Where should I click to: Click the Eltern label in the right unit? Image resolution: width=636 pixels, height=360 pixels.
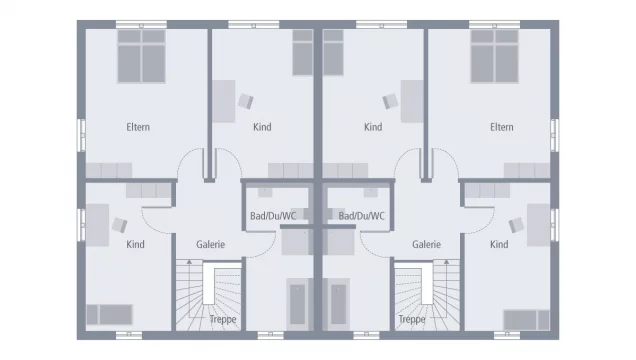501,127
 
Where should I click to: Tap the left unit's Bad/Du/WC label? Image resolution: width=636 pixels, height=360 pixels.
273,215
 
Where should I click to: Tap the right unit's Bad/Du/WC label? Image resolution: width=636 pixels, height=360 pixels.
362,215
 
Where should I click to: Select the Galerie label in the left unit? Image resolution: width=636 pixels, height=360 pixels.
210,244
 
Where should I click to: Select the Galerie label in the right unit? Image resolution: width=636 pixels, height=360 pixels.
426,244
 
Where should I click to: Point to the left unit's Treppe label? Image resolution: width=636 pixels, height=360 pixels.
223,320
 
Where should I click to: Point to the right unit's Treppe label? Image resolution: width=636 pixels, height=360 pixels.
412,320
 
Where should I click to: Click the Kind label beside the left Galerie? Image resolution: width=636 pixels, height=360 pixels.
136,244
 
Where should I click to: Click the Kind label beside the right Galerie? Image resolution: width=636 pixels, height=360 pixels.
499,244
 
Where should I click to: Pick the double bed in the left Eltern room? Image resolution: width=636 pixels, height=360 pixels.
141,55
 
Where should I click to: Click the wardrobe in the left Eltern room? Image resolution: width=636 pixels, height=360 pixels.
111,170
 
